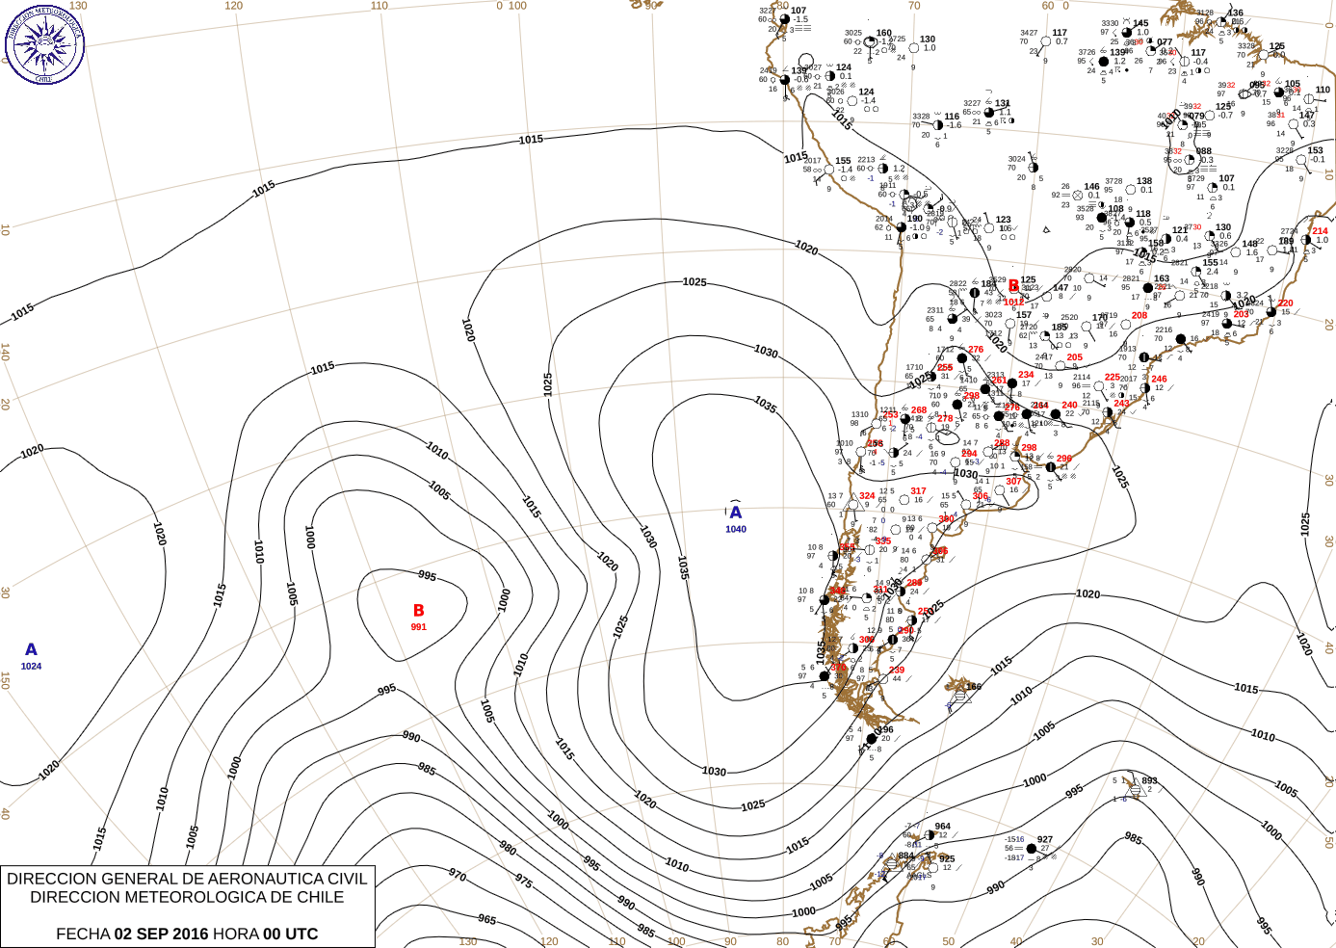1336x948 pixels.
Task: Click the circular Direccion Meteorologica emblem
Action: coord(44,43)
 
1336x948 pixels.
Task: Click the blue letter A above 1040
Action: coord(736,513)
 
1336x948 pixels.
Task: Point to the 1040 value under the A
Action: coord(736,529)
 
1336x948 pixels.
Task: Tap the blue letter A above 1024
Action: coord(31,650)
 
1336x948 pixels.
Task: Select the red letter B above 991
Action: coord(419,611)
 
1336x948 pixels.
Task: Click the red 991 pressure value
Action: coord(419,627)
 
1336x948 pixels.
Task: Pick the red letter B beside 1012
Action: coord(1013,286)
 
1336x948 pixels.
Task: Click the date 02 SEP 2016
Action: coord(161,934)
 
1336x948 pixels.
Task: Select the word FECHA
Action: coord(83,934)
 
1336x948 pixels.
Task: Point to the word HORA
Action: coord(236,934)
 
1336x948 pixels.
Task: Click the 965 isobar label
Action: coord(487,920)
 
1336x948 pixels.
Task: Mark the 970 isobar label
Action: coord(458,876)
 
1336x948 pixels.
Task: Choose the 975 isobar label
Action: coord(524,881)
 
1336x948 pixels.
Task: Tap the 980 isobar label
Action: coord(508,849)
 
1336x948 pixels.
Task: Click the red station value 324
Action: coord(867,496)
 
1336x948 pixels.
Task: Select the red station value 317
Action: coord(918,491)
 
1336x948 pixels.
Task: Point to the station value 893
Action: coord(1149,781)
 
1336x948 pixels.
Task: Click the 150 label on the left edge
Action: coord(6,680)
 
